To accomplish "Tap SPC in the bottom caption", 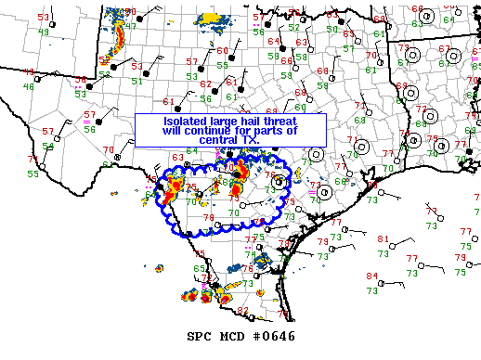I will (200, 336).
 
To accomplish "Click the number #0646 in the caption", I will (274, 336).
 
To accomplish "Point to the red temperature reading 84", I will (372, 276).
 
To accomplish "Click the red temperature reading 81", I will (383, 239).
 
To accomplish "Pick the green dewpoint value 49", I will (44, 32).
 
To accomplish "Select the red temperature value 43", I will (28, 72).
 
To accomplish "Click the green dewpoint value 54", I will (47, 146).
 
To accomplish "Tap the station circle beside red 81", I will (396, 246).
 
